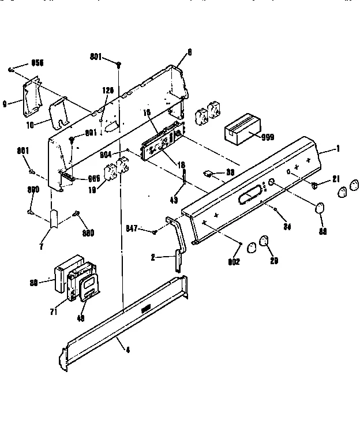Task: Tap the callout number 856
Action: tap(37, 62)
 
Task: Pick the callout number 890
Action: tap(34, 190)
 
